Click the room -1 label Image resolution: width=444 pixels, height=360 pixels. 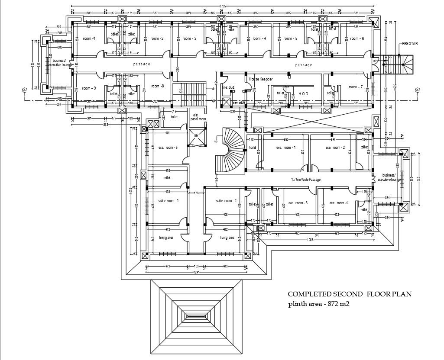[89, 39]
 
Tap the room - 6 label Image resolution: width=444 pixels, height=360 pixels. [357, 39]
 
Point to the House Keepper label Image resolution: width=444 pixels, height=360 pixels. [261, 80]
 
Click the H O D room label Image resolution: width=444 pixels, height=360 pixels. [303, 93]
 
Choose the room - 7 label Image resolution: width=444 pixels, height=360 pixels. [356, 87]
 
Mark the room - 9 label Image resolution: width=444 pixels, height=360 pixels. [89, 88]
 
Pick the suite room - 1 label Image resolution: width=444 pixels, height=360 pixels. [169, 201]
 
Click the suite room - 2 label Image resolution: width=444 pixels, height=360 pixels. [226, 201]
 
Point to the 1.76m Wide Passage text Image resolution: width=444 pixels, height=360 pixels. [308, 179]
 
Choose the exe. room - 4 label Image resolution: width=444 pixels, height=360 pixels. [339, 203]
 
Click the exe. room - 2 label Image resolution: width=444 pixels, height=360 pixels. [335, 148]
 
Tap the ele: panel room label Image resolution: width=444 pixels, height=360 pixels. [198, 117]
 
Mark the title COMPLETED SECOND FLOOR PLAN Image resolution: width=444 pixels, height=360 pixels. [350, 294]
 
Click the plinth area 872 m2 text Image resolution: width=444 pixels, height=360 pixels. [319, 304]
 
